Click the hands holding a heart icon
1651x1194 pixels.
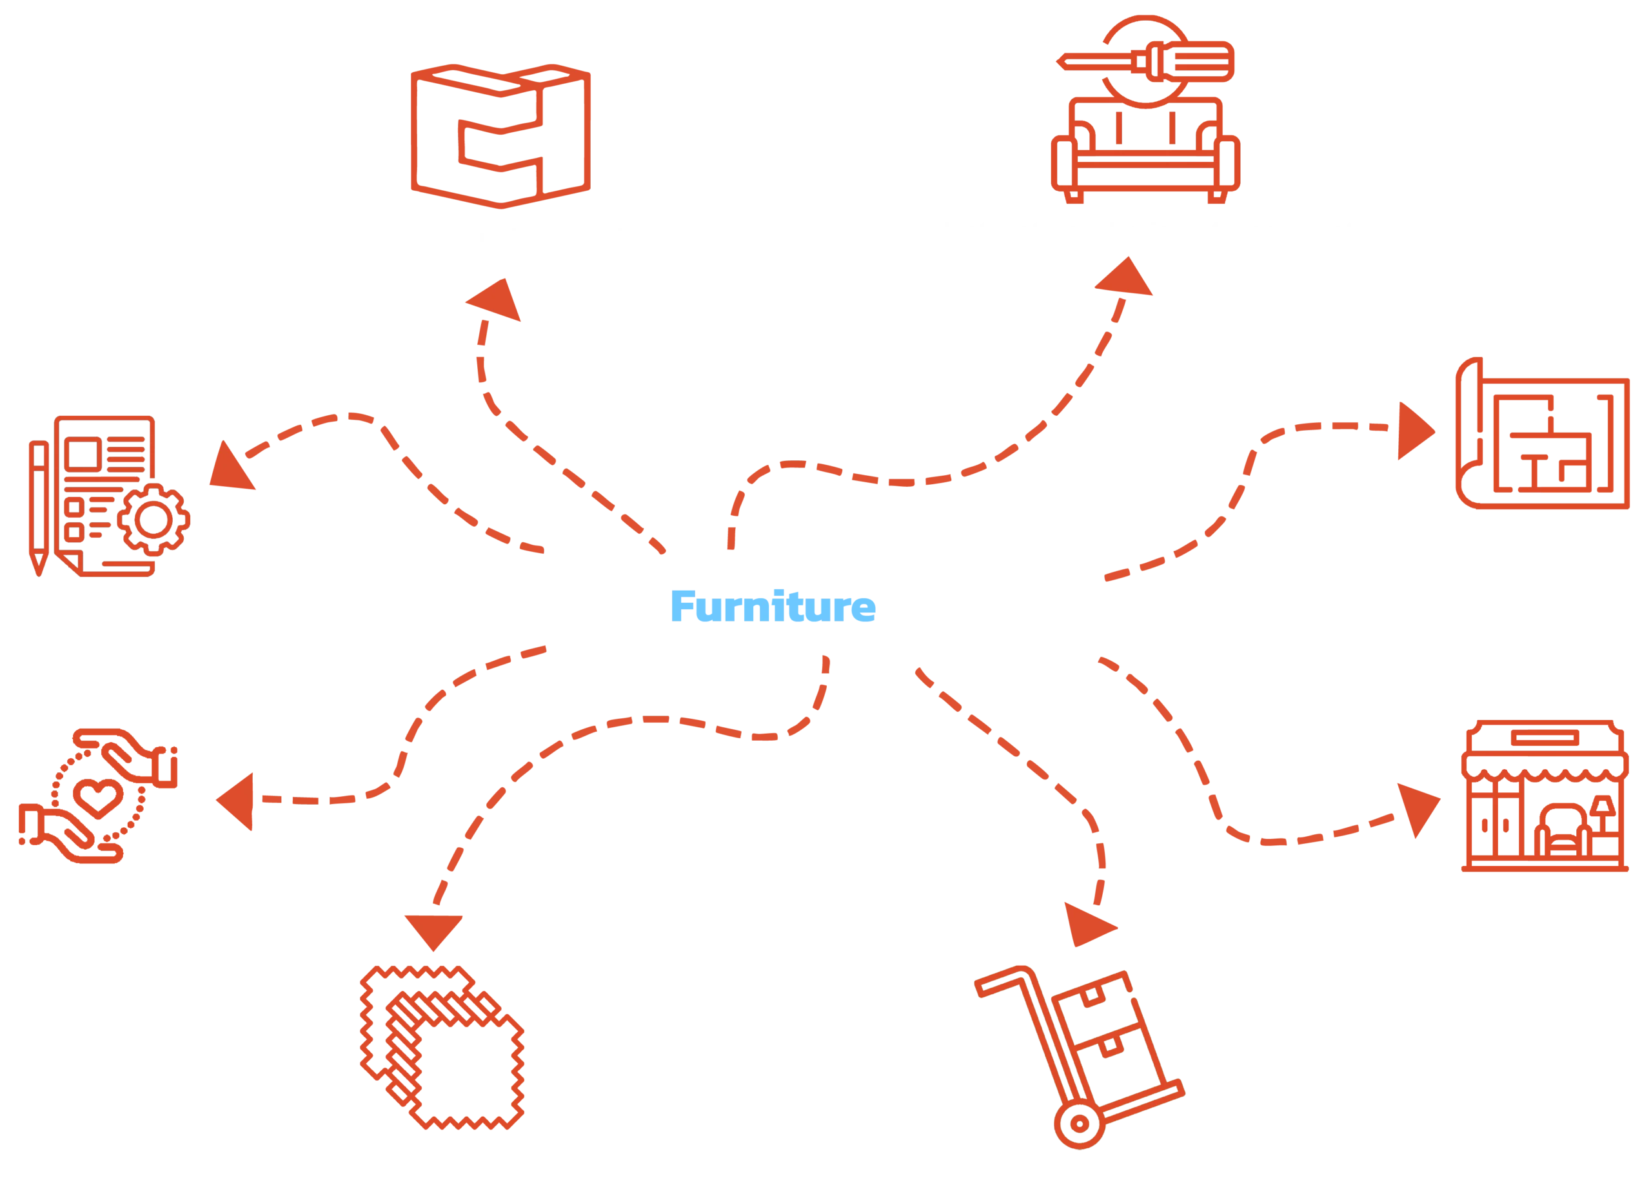[x=97, y=798]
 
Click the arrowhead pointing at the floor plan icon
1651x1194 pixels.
[x=1415, y=431]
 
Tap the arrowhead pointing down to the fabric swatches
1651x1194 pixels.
[x=433, y=930]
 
